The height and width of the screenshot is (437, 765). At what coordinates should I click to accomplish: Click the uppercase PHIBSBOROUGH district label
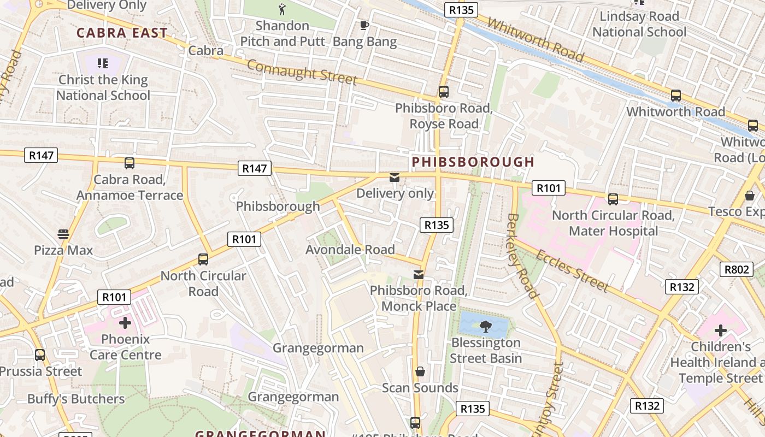[x=473, y=162]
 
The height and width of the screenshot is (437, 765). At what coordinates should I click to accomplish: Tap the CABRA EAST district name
[x=122, y=33]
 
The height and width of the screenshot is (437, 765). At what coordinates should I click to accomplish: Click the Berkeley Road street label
[x=522, y=256]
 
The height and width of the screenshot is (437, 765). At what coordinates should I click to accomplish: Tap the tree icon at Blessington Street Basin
[x=484, y=327]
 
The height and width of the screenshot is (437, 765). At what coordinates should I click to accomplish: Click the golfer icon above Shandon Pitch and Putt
[x=282, y=9]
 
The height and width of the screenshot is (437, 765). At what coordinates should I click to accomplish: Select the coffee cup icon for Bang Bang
[x=364, y=25]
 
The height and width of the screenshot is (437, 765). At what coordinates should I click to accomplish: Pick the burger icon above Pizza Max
[x=63, y=234]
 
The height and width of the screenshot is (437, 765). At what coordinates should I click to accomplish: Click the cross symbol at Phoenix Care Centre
[x=125, y=323]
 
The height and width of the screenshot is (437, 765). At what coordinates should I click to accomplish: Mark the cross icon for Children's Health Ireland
[x=720, y=330]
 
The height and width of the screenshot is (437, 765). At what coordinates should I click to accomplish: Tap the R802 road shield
[x=736, y=269]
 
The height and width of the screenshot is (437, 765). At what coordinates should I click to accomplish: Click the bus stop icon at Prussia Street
[x=40, y=355]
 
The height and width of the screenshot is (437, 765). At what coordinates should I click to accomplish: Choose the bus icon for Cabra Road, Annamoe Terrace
[x=130, y=163]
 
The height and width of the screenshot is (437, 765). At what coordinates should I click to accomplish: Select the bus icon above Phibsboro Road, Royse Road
[x=443, y=92]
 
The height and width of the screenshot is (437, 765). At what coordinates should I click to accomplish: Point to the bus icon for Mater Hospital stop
[x=613, y=199]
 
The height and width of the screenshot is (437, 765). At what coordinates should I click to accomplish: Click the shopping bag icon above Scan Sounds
[x=420, y=372]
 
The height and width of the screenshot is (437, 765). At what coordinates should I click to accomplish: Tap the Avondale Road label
[x=350, y=250]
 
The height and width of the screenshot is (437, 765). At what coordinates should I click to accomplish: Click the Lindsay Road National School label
[x=639, y=24]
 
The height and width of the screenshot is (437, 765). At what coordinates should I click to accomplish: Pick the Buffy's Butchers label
[x=76, y=399]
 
